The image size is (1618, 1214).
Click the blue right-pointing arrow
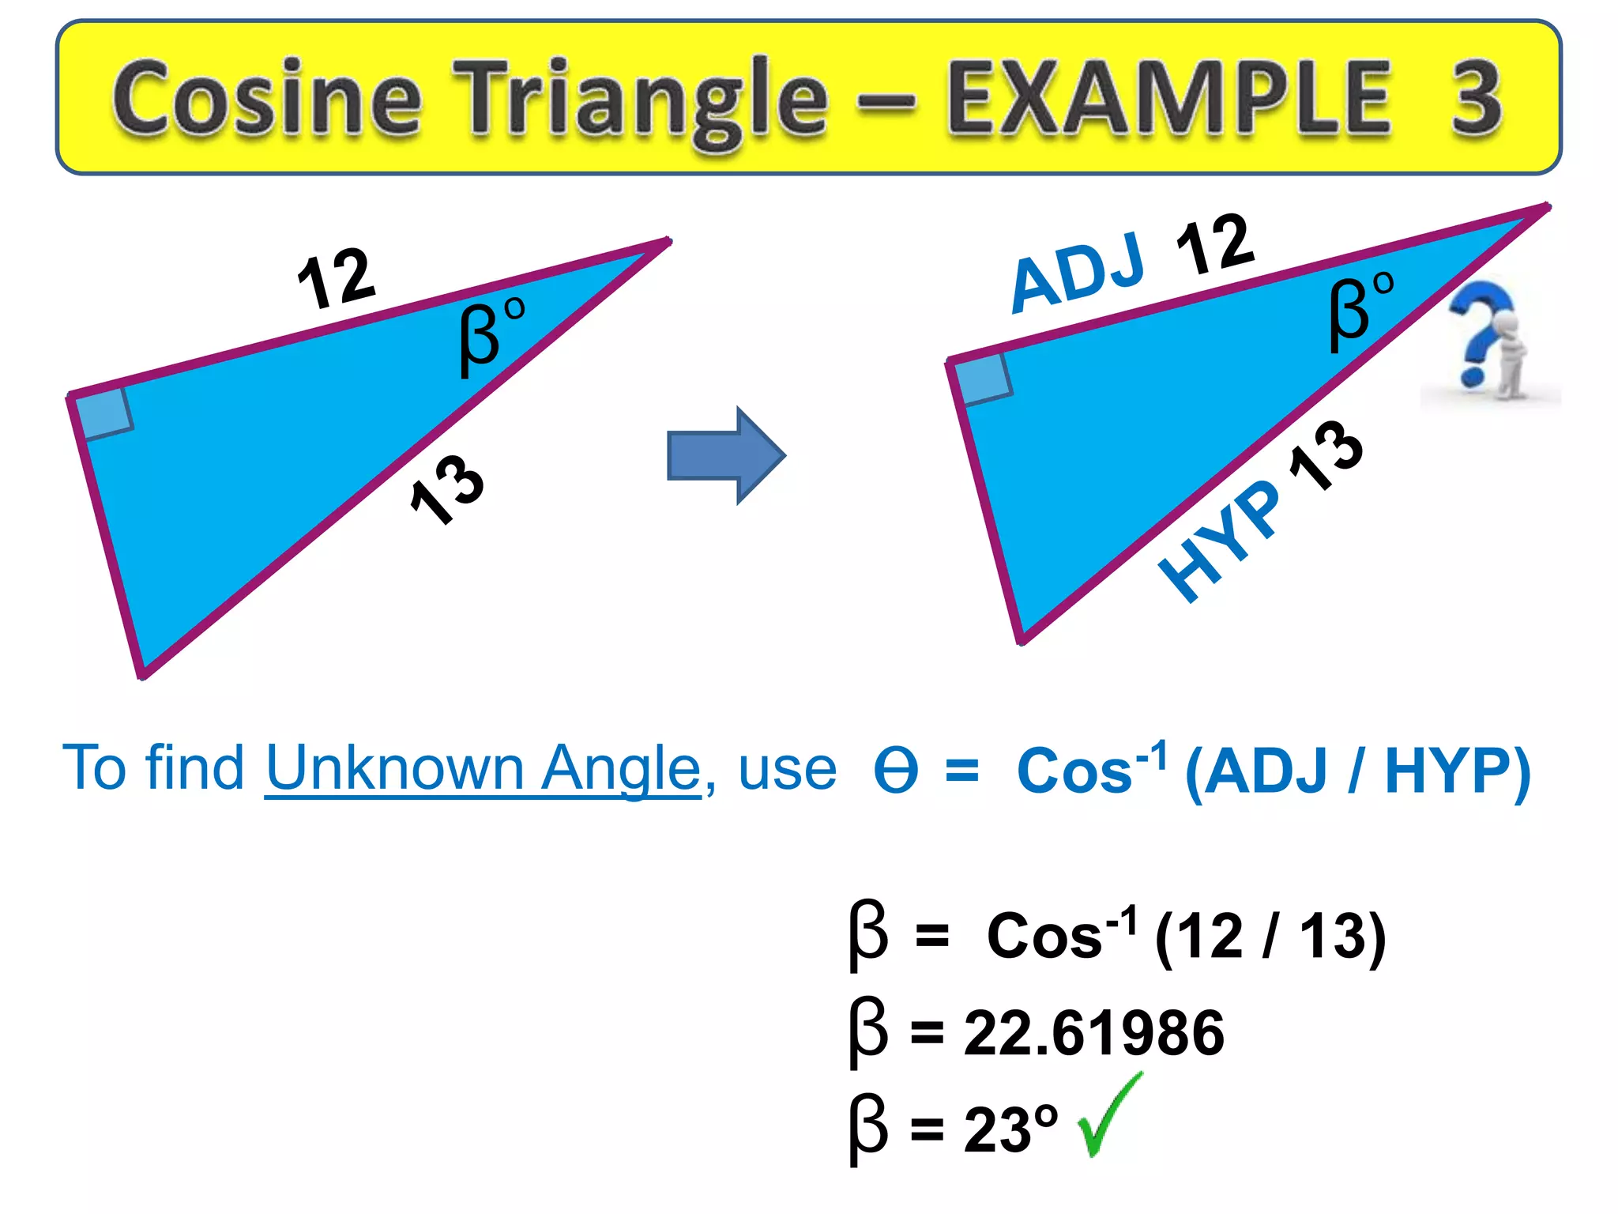[725, 455]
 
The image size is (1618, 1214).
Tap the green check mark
[1109, 1115]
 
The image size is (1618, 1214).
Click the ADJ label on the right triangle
[1078, 273]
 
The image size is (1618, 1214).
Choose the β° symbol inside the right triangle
[1359, 310]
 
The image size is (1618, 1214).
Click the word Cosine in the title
[267, 99]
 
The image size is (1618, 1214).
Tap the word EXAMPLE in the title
[1169, 99]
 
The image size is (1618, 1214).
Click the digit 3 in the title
[1475, 99]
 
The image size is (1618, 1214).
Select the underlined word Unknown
[394, 767]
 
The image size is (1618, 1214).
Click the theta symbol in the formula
[896, 771]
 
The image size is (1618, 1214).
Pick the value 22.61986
[1094, 1033]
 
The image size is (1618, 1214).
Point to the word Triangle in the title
[642, 99]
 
